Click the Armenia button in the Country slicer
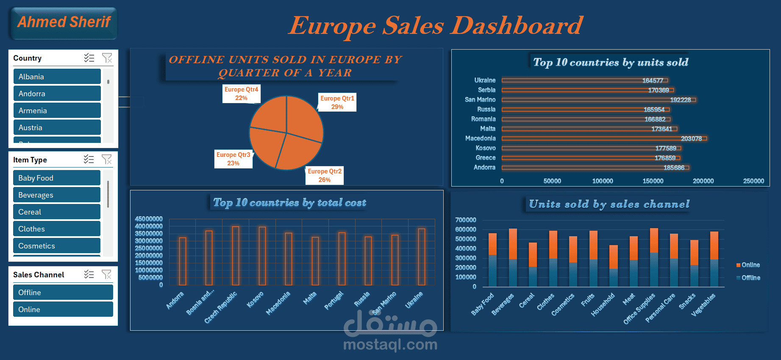(x=57, y=111)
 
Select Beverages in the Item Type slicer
(x=56, y=195)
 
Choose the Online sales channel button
(x=63, y=310)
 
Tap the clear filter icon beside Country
(x=107, y=58)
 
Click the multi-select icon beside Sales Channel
(x=89, y=275)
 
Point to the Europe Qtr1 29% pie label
(x=337, y=103)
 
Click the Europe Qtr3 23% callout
(x=233, y=159)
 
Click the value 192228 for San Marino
(x=680, y=100)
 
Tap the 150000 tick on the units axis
(x=653, y=181)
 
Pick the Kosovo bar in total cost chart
(x=262, y=256)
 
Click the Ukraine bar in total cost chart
(x=422, y=257)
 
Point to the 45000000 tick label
(x=149, y=219)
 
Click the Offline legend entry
(x=748, y=278)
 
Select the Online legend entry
(x=748, y=265)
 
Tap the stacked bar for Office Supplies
(x=654, y=257)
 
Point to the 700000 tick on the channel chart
(x=465, y=220)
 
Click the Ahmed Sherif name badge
(x=64, y=22)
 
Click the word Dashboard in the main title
(x=517, y=26)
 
